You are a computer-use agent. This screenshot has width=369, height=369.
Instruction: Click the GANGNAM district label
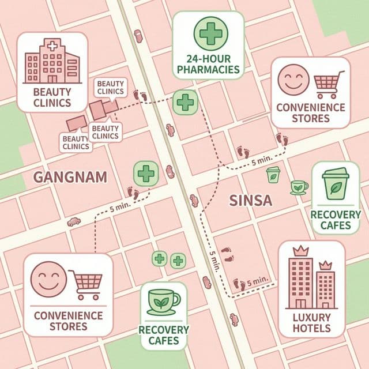click(x=70, y=176)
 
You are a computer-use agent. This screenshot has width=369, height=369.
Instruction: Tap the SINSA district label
click(x=251, y=201)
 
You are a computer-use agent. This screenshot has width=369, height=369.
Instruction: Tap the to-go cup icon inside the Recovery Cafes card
click(x=336, y=184)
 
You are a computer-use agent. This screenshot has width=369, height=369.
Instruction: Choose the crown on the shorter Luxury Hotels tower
click(x=325, y=265)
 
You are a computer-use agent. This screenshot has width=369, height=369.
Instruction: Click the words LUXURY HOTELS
click(x=311, y=323)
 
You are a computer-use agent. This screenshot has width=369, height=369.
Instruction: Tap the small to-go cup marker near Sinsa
click(x=273, y=174)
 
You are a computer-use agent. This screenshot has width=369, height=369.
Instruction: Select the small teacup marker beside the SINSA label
click(x=299, y=187)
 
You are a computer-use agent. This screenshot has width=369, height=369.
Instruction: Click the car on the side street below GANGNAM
click(x=74, y=221)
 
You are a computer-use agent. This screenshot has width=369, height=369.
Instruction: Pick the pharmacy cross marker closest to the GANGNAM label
click(x=146, y=173)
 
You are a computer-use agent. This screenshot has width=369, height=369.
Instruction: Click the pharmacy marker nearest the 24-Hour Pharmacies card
click(x=185, y=102)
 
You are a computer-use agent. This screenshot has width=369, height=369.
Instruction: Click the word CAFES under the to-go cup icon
click(x=336, y=225)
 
